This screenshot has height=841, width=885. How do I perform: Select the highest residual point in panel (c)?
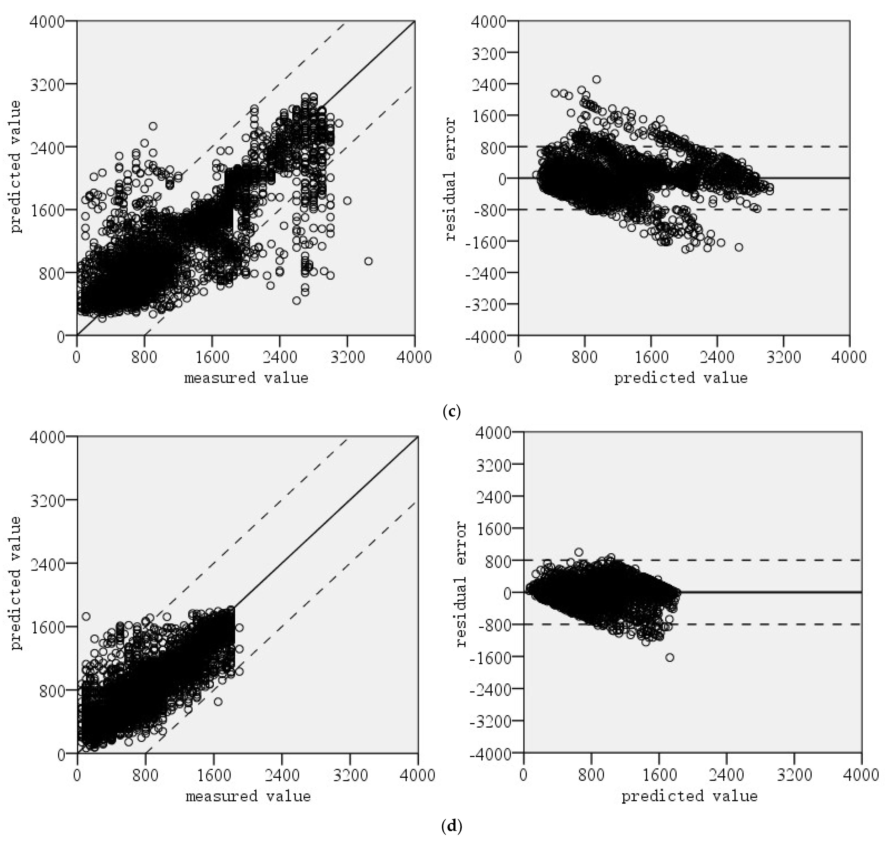(597, 79)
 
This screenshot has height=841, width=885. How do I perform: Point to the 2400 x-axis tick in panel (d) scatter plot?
(282, 775)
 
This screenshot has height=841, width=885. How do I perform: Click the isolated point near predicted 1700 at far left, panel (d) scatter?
(86, 616)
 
